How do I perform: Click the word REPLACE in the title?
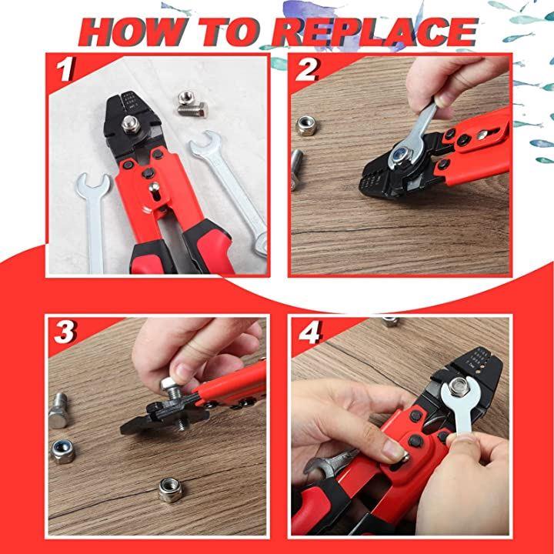click(375, 32)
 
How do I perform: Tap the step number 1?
click(65, 69)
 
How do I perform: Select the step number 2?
click(307, 69)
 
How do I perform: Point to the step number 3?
click(65, 332)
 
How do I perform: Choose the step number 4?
click(310, 332)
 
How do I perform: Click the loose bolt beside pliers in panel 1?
click(192, 104)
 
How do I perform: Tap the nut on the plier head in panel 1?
click(131, 125)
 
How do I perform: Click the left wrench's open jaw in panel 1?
click(93, 185)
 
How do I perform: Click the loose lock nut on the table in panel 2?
click(305, 125)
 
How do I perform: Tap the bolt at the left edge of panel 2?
click(296, 169)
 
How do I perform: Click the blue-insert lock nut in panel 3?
click(62, 452)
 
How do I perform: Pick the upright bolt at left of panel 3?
click(58, 411)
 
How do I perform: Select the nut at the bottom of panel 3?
click(170, 489)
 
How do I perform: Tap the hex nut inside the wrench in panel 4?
click(459, 386)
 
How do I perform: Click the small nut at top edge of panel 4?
click(391, 322)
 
